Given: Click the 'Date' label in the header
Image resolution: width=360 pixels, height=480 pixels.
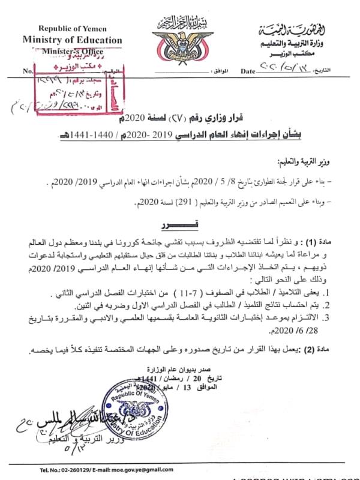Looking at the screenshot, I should [247, 71].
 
